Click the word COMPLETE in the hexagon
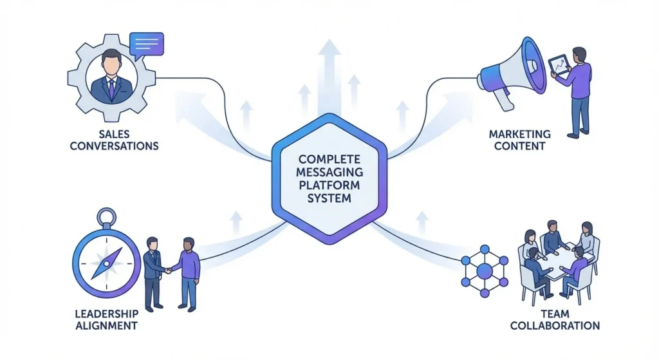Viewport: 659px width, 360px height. coord(329,160)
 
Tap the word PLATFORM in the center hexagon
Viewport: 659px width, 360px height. coord(329,185)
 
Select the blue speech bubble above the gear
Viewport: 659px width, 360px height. coord(146,45)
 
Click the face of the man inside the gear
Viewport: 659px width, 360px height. coord(111,63)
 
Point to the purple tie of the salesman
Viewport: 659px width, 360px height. coord(111,90)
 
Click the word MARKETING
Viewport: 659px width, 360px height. coord(519,134)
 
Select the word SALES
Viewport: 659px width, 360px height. coord(114,134)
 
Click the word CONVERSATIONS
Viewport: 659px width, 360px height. coord(114,146)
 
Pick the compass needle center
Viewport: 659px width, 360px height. coord(107,263)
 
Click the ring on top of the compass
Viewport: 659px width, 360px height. coord(107,217)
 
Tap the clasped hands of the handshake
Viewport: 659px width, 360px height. coord(168,270)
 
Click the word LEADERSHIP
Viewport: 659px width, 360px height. coord(106,314)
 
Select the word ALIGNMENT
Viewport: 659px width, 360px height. coord(106,325)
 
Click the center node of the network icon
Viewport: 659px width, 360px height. coord(485,271)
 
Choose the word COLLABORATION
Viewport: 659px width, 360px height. coord(555,325)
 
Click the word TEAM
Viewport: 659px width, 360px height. coord(555,314)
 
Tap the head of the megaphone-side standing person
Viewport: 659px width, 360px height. coord(580,55)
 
